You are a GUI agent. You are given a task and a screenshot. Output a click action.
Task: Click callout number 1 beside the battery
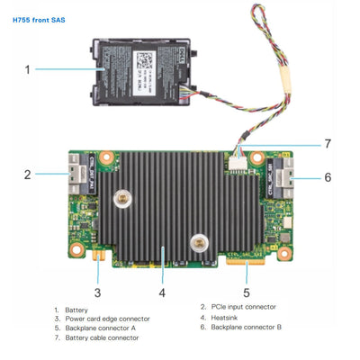(x=28, y=68)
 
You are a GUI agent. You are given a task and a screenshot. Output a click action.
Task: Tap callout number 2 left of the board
(x=28, y=175)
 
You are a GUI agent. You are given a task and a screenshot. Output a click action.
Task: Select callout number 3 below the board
(x=97, y=291)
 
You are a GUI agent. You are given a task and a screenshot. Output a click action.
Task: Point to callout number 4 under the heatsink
(x=162, y=291)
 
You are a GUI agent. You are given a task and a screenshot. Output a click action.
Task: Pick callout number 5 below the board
(x=246, y=291)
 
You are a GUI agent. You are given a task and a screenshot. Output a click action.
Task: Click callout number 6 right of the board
(x=327, y=176)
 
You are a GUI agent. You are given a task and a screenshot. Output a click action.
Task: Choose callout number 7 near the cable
(x=327, y=143)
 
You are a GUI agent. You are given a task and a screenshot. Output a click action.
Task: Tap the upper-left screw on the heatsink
(x=119, y=193)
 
